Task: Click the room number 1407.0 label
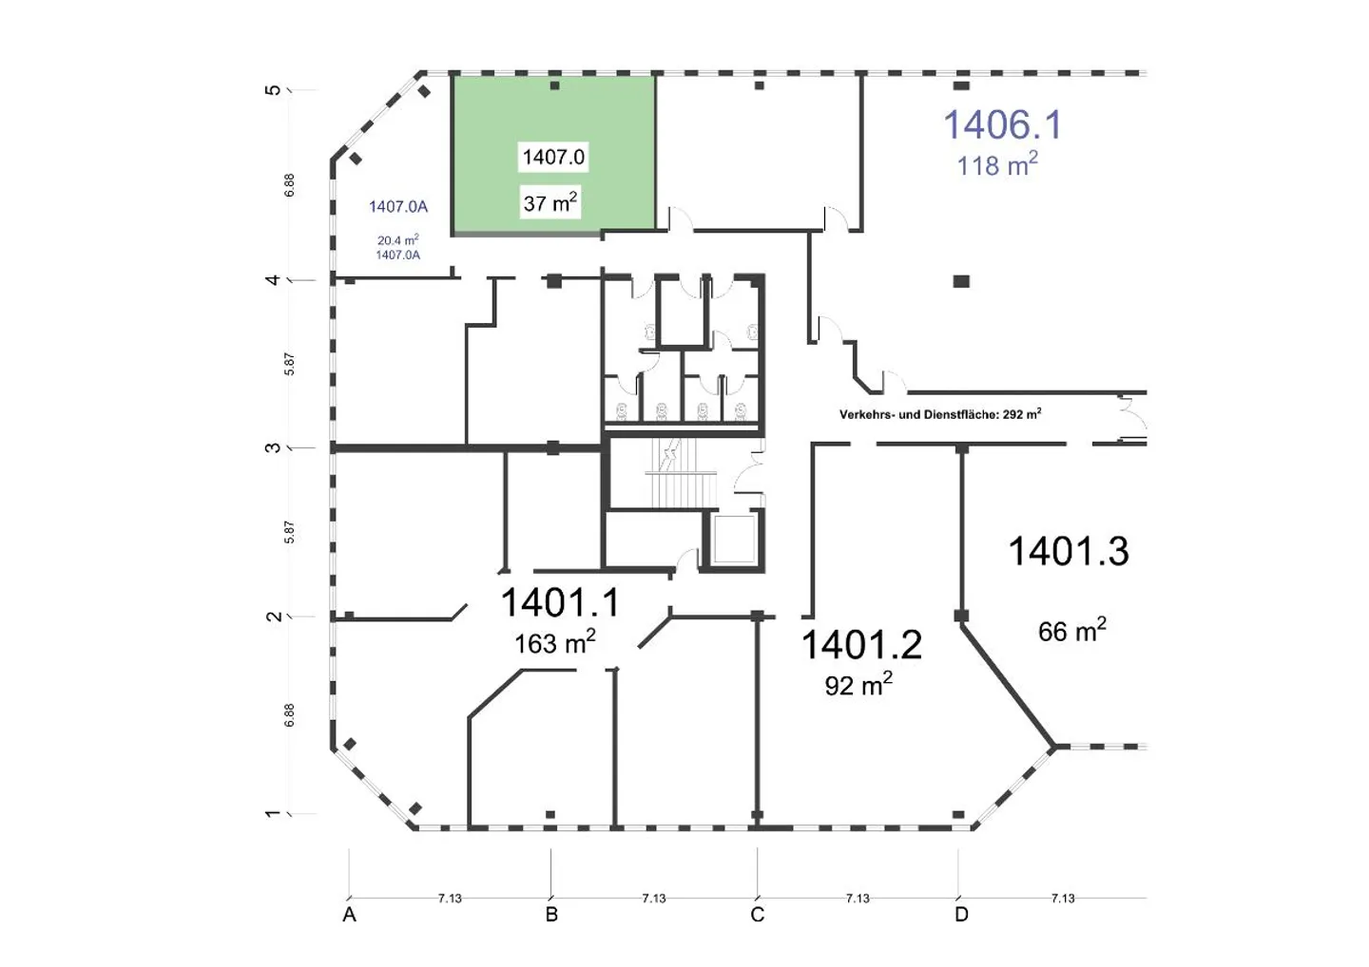point(553,158)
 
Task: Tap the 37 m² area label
point(550,202)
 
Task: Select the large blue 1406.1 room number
point(1003,125)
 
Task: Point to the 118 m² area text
point(996,165)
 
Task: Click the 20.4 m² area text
point(397,240)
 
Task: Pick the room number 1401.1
point(559,602)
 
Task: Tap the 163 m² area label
point(554,643)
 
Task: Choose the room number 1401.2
point(861,645)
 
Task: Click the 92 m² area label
point(858,684)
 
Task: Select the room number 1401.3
point(1069,551)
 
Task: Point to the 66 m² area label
point(1072,631)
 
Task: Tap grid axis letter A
point(349,915)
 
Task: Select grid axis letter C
point(757,915)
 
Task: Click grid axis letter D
point(961,915)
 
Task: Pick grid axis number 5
point(273,89)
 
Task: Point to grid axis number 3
point(273,447)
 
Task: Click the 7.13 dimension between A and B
point(450,898)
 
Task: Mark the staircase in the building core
point(680,472)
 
